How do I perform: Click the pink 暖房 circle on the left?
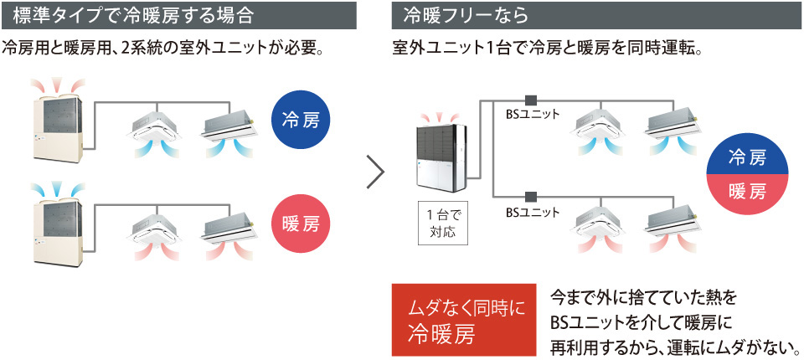click(302, 224)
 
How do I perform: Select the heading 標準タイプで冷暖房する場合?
click(134, 14)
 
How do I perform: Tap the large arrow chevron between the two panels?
click(376, 172)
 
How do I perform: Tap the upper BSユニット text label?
click(533, 114)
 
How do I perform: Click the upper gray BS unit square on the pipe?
click(530, 98)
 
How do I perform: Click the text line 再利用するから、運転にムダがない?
click(674, 346)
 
